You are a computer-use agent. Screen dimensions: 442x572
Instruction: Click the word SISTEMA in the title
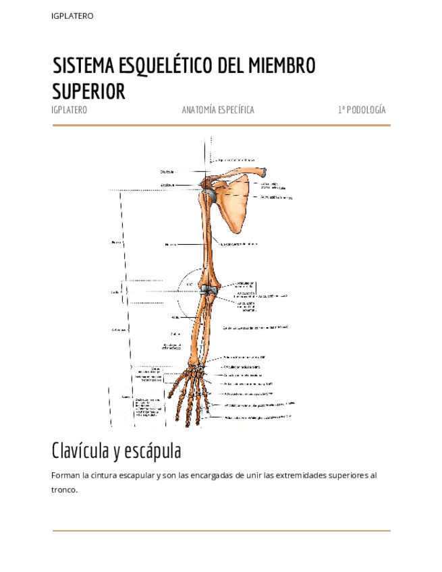tap(84, 66)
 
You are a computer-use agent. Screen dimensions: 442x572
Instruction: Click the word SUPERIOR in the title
tap(89, 91)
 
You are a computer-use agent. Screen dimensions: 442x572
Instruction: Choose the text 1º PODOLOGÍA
tap(362, 110)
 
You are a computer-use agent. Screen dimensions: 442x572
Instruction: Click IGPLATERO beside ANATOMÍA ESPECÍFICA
tap(70, 110)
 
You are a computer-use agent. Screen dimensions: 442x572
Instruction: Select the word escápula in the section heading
tap(156, 450)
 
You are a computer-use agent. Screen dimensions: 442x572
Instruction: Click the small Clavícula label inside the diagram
tap(167, 171)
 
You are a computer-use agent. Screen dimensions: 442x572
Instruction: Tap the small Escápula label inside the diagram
tap(167, 184)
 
